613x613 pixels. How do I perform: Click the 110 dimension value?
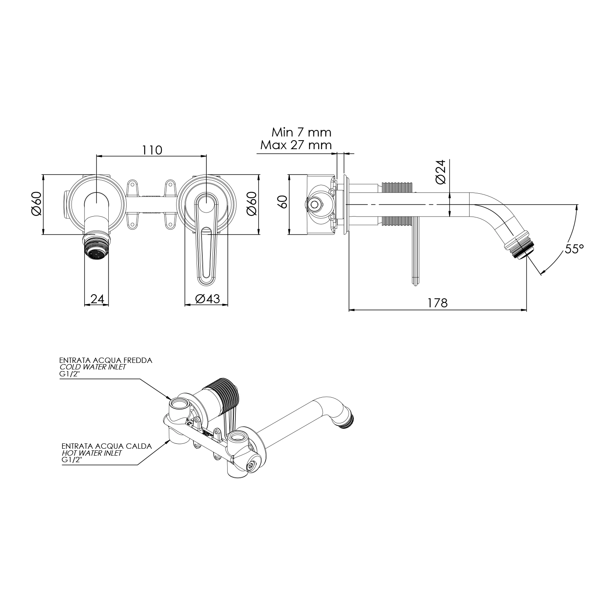tap(152, 150)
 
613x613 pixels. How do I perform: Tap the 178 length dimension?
tap(437, 303)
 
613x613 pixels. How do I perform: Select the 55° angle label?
tap(574, 249)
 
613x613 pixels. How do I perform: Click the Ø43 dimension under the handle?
tap(207, 299)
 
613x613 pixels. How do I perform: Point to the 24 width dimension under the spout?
tap(97, 299)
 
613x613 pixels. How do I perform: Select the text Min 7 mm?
tap(301, 132)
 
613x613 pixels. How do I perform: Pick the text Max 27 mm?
tap(296, 145)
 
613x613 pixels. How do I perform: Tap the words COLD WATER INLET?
tap(93, 367)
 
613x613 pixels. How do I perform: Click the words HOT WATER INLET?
tap(92, 453)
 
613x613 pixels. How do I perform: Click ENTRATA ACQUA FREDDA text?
tap(105, 360)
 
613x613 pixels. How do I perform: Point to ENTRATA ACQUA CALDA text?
tap(107, 446)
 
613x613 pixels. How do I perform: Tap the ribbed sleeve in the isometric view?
tap(225, 393)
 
